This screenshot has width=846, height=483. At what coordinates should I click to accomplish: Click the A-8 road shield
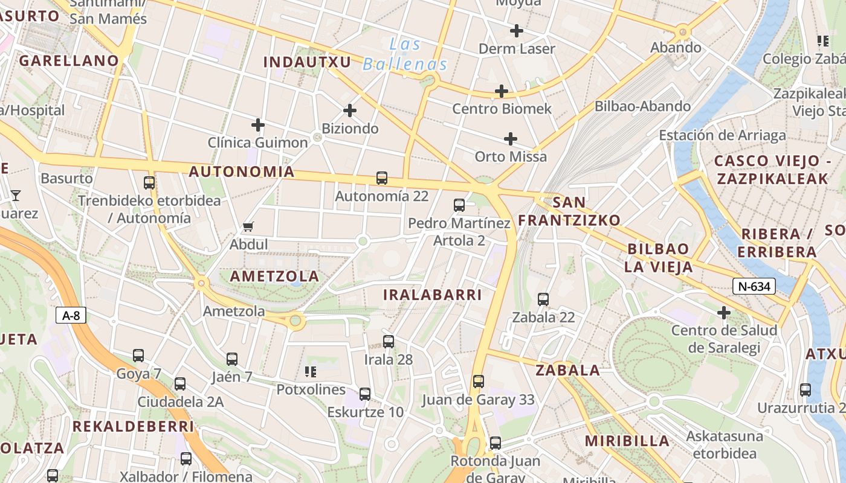point(71,315)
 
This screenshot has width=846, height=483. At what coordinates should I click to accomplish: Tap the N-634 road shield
point(754,286)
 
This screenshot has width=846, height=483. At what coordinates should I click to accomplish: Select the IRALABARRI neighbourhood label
point(433,295)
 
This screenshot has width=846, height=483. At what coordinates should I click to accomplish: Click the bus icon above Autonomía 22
point(381,178)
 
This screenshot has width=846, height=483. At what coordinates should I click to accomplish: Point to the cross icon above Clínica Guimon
point(258,125)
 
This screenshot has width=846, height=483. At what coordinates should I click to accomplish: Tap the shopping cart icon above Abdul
point(248,227)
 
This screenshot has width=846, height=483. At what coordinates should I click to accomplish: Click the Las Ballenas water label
point(405,54)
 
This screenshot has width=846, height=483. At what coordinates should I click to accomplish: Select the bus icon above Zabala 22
point(543,299)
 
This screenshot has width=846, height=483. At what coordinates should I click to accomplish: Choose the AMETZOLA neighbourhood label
point(274,276)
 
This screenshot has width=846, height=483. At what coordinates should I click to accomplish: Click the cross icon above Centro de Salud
point(723,313)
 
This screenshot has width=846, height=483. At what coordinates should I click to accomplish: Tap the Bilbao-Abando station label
point(642,106)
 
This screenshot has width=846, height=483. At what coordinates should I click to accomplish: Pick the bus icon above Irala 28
point(388,342)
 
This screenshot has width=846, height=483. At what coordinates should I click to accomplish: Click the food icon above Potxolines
point(311,371)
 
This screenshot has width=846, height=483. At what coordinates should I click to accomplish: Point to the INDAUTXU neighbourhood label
point(307,62)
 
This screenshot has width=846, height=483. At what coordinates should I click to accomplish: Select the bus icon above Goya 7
point(138,356)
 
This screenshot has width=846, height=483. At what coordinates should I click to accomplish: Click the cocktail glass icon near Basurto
point(15,195)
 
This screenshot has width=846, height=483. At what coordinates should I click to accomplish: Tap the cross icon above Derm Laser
point(516,30)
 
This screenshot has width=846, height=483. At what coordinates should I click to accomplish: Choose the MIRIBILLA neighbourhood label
point(627,440)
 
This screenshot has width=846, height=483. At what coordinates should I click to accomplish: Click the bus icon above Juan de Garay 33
point(478,382)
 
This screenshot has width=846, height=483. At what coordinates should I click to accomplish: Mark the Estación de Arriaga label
point(722,135)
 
